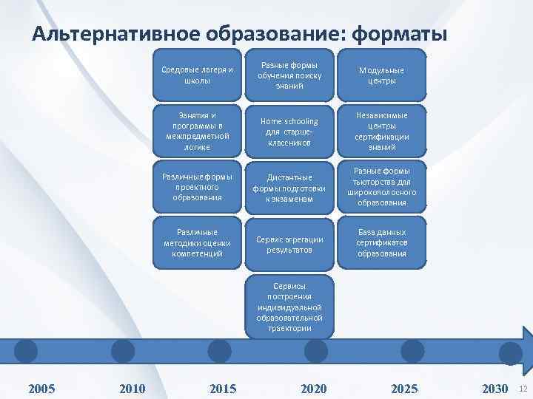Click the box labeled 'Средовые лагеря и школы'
(x=197, y=75)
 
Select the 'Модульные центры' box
(x=382, y=75)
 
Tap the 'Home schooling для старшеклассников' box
(x=290, y=132)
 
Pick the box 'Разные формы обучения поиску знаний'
(x=290, y=75)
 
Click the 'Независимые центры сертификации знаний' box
(x=382, y=132)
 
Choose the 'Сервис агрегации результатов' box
(x=290, y=244)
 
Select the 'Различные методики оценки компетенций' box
(x=197, y=242)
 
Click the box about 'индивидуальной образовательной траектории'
(x=290, y=306)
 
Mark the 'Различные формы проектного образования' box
(x=197, y=187)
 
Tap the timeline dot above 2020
(x=316, y=350)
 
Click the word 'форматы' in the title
(x=400, y=35)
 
